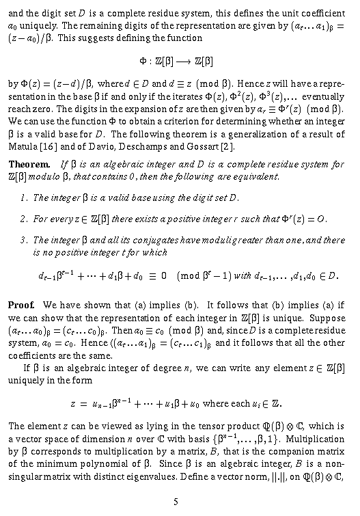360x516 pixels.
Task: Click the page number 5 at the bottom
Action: [x=176, y=502]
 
